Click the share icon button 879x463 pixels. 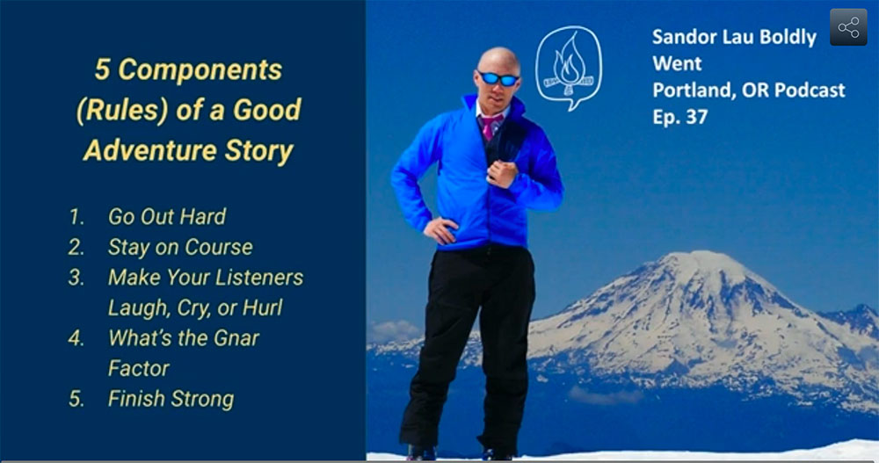point(848,27)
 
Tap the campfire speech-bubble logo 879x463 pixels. point(569,68)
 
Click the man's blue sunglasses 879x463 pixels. point(498,78)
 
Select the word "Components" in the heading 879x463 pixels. point(200,70)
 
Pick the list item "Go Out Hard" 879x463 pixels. point(167,216)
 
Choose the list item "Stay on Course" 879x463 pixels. point(180,247)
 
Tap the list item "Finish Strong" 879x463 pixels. point(171,399)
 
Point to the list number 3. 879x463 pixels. point(76,278)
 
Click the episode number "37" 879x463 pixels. point(697,117)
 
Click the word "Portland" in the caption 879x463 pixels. point(688,90)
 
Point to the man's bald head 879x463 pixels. point(498,61)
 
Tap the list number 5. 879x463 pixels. point(76,399)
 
